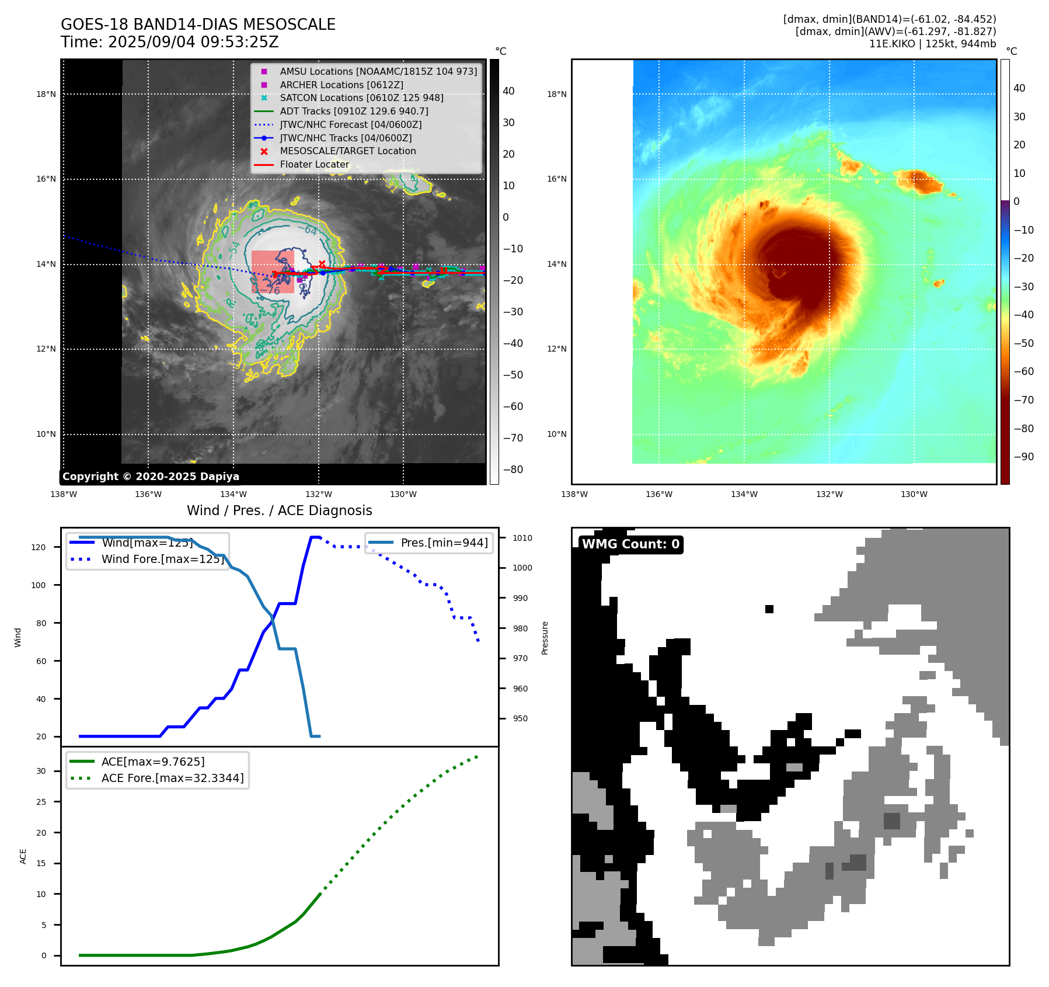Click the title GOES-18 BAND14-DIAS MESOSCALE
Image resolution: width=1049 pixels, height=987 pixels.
pyautogui.click(x=198, y=25)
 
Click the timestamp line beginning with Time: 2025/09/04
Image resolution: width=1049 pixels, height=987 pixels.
pyautogui.click(x=169, y=42)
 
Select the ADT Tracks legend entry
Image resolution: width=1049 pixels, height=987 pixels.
pyautogui.click(x=354, y=111)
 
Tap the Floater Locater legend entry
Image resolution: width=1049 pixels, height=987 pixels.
pyautogui.click(x=314, y=164)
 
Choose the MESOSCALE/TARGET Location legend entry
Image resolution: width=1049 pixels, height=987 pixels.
pyautogui.click(x=347, y=151)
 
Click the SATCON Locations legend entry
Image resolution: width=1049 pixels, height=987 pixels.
pyautogui.click(x=361, y=98)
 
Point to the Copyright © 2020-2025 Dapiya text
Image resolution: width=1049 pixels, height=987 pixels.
pyautogui.click(x=151, y=477)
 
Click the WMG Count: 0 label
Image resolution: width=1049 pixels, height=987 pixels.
pyautogui.click(x=630, y=544)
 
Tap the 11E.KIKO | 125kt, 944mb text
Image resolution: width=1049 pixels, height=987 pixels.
pyautogui.click(x=932, y=44)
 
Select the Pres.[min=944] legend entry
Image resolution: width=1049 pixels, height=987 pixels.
pyautogui.click(x=444, y=543)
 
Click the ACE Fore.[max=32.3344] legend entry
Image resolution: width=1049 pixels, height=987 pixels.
pyautogui.click(x=172, y=778)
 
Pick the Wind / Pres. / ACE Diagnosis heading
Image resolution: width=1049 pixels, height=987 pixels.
pyautogui.click(x=279, y=510)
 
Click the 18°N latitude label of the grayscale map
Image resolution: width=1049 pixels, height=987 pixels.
pyautogui.click(x=46, y=94)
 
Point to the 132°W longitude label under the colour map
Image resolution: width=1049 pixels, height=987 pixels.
pyautogui.click(x=829, y=494)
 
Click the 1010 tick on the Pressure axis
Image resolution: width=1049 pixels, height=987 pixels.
pyautogui.click(x=522, y=538)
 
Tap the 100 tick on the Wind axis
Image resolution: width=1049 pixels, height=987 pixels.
pyautogui.click(x=39, y=585)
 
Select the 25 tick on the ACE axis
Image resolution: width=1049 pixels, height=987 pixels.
pyautogui.click(x=41, y=802)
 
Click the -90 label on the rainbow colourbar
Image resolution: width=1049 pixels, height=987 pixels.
pyautogui.click(x=1023, y=457)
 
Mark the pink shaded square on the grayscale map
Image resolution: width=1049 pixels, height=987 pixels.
pyautogui.click(x=273, y=272)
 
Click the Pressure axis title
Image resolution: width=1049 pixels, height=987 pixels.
pyautogui.click(x=545, y=638)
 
